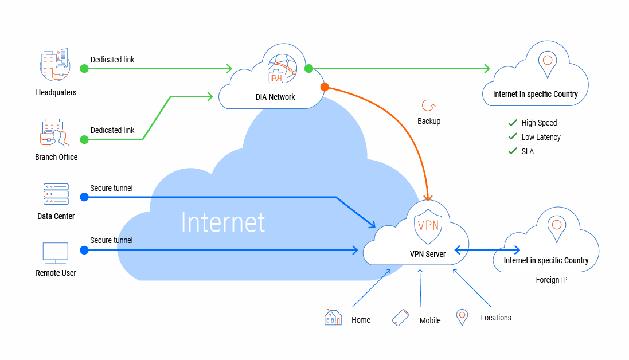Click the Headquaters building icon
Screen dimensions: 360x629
pyautogui.click(x=56, y=64)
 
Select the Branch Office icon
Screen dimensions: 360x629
pyautogui.click(x=54, y=134)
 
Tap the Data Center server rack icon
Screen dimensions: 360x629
pyautogui.click(x=56, y=194)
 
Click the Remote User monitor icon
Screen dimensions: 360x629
pyautogui.click(x=56, y=252)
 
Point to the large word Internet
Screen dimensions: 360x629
pyautogui.click(x=223, y=222)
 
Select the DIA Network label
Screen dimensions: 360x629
pyautogui.click(x=275, y=97)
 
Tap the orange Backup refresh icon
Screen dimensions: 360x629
pyautogui.click(x=428, y=105)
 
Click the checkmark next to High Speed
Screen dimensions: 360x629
pyautogui.click(x=513, y=123)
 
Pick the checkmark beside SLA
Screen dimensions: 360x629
pyautogui.click(x=513, y=151)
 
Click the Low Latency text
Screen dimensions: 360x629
pyautogui.click(x=541, y=137)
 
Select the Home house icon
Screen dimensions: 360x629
pyautogui.click(x=333, y=318)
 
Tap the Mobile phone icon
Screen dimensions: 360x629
pyautogui.click(x=400, y=318)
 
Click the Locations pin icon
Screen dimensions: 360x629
pyautogui.click(x=462, y=317)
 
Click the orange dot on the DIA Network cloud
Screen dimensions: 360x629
pyautogui.click(x=324, y=87)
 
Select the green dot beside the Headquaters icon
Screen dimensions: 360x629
pyautogui.click(x=84, y=69)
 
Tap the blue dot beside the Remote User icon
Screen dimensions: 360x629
pyautogui.click(x=84, y=250)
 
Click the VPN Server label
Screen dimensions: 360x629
pyautogui.click(x=427, y=254)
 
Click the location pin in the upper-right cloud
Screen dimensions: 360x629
pyautogui.click(x=547, y=61)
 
